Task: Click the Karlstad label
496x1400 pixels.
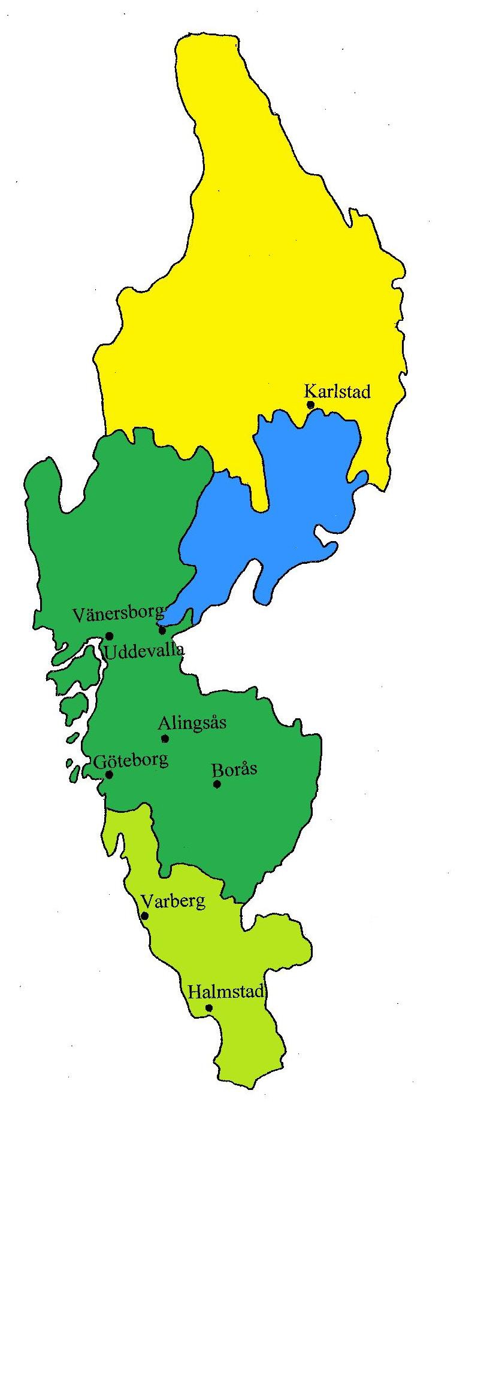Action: click(337, 391)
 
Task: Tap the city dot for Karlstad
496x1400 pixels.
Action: click(310, 405)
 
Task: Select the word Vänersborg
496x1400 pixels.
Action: click(118, 614)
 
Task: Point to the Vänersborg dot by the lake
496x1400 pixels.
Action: click(162, 630)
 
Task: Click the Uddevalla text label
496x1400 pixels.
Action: click(144, 651)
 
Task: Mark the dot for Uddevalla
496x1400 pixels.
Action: click(110, 636)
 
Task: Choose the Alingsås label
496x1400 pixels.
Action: click(192, 723)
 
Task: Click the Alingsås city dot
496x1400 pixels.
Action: click(165, 739)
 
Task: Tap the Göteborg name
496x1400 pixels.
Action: click(131, 760)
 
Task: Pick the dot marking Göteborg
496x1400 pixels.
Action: click(109, 775)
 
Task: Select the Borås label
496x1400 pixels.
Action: click(234, 769)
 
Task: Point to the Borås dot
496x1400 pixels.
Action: click(217, 784)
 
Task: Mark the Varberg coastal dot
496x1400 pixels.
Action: click(144, 916)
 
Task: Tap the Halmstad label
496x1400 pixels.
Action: click(226, 992)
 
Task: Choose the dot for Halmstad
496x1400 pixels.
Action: click(209, 1008)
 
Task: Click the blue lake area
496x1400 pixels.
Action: click(288, 515)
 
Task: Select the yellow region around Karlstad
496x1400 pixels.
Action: click(252, 269)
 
